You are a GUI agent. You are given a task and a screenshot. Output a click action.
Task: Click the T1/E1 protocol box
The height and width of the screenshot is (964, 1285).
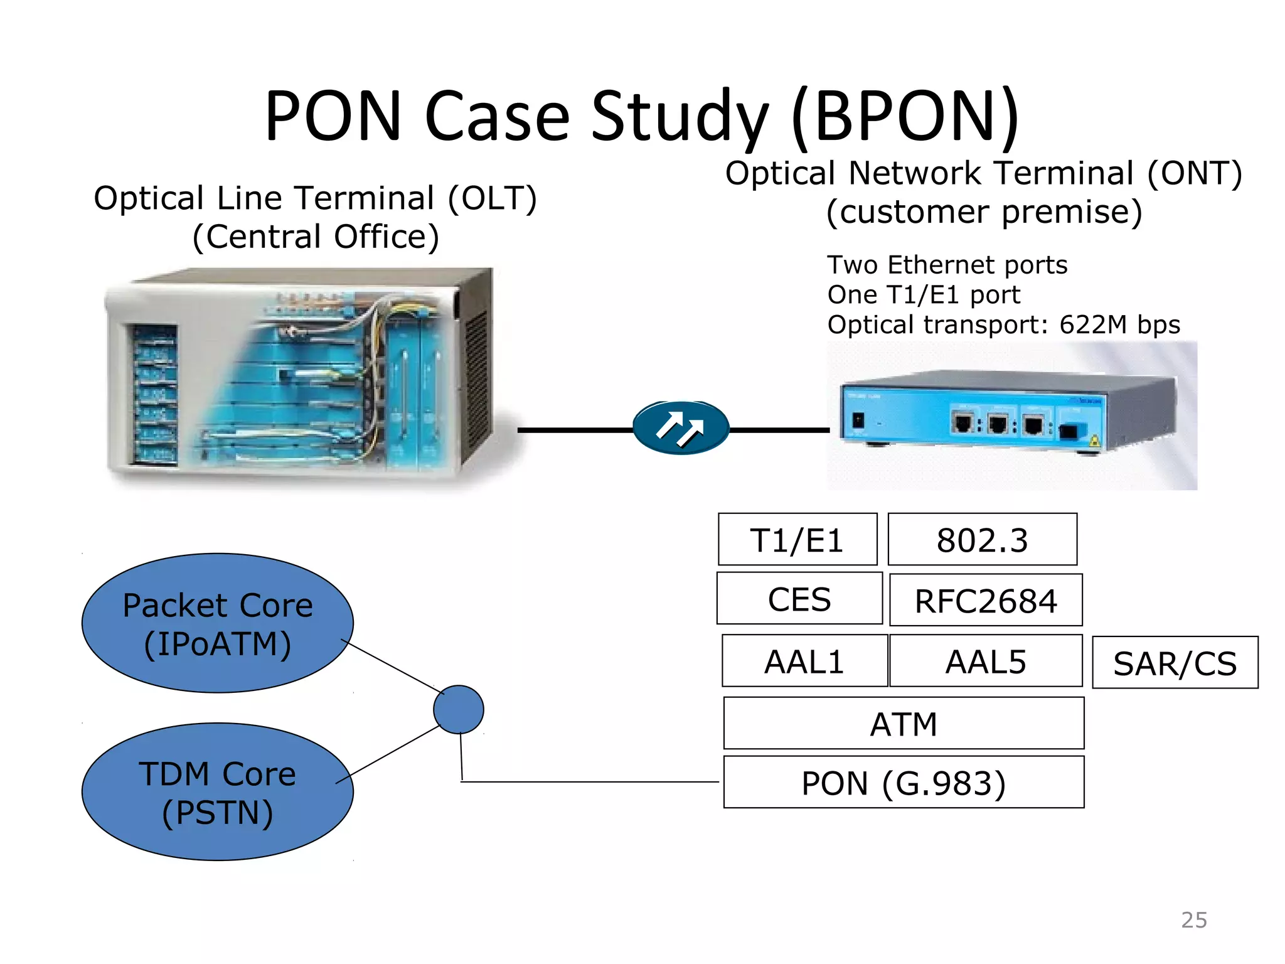point(797,540)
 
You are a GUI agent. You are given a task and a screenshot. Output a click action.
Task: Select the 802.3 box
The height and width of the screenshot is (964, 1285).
point(982,540)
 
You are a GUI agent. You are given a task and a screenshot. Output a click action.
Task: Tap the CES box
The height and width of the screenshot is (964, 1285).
point(799,599)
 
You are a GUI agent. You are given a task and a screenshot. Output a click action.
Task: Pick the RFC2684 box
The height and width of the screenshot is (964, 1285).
point(986,601)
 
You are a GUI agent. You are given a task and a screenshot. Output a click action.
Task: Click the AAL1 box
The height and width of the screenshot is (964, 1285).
point(804,661)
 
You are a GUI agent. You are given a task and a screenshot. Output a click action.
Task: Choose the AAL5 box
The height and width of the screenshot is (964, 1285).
point(986,661)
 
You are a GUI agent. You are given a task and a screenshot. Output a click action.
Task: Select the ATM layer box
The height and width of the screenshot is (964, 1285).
point(904,724)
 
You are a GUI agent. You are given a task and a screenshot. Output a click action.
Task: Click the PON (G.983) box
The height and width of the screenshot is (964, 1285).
point(904,783)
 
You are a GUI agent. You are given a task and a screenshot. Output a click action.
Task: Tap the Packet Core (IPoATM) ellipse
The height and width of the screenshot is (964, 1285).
point(217,623)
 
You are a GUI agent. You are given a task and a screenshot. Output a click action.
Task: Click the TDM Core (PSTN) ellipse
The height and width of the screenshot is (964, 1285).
point(217,792)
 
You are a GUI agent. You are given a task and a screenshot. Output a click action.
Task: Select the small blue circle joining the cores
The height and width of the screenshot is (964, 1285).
point(459,709)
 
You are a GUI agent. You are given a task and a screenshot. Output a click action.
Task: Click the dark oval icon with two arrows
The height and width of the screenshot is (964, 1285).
point(681,428)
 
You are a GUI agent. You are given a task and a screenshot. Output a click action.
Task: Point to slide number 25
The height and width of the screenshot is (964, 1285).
point(1193,920)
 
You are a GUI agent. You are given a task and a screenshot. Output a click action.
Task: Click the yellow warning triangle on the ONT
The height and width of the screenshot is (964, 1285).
point(1095,441)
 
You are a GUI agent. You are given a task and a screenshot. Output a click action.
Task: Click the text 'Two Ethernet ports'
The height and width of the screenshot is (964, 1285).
point(947,265)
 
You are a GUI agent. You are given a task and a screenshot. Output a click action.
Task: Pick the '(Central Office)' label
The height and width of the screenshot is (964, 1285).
point(316,237)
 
